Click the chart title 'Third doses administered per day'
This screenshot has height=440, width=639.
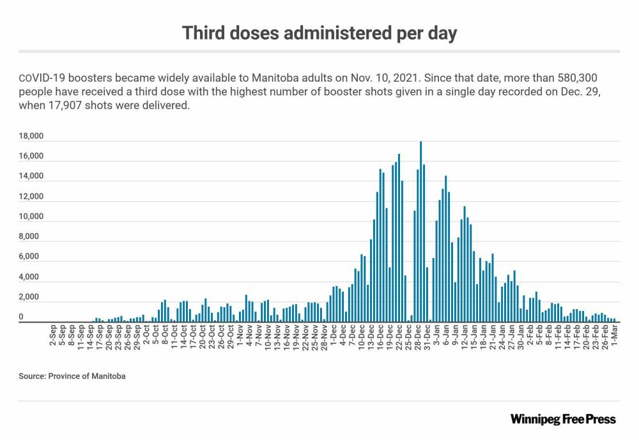[319, 33]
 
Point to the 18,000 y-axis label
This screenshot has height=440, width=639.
[31, 136]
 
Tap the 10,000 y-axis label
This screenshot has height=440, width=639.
[31, 216]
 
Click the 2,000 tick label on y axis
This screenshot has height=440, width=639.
[31, 297]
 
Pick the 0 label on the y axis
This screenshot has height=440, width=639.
[22, 317]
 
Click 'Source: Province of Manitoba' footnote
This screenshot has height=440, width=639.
[72, 376]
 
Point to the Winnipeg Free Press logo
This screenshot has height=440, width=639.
[563, 419]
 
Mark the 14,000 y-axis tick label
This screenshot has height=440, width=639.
[31, 176]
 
